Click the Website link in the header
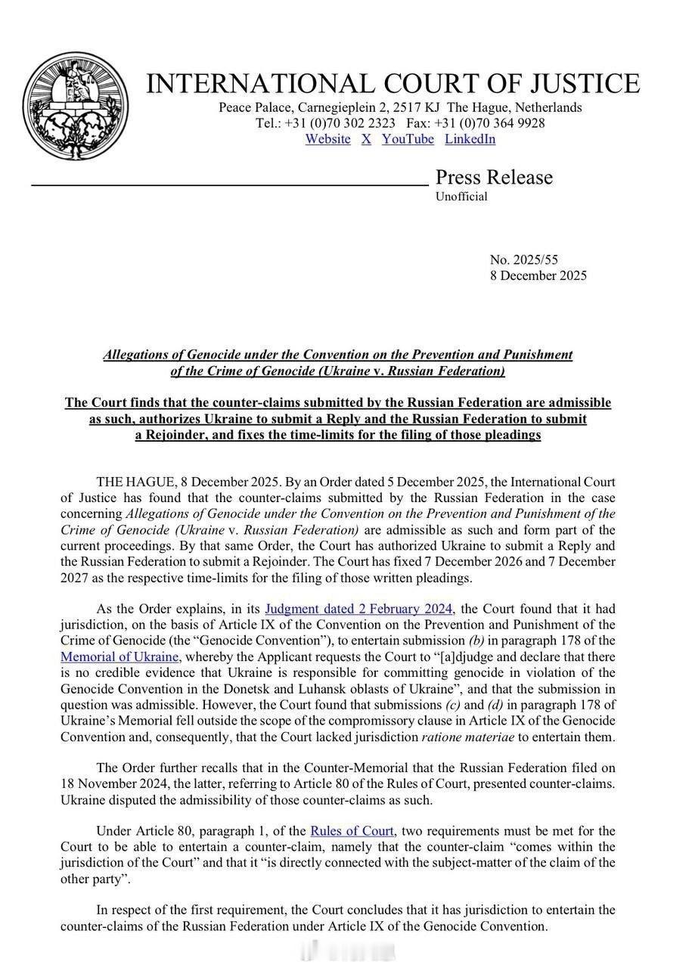point(327,139)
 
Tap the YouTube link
point(408,139)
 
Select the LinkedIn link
point(470,139)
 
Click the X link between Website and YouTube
point(366,139)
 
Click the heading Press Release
point(494,177)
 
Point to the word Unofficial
point(461,197)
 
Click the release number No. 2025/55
point(523,260)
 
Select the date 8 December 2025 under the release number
point(538,275)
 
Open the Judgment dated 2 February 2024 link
point(358,609)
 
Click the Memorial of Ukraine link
point(119,656)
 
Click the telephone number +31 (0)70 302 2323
point(340,123)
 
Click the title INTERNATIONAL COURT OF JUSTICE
point(392,83)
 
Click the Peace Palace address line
point(400,107)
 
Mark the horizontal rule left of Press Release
point(230,184)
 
